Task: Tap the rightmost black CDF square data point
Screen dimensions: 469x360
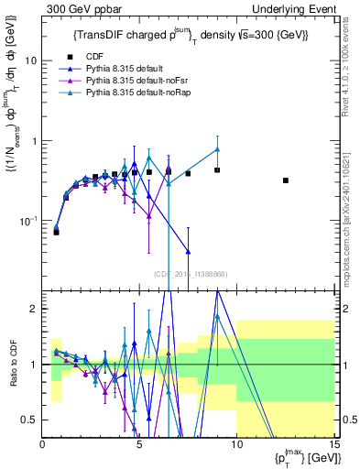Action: coord(286,180)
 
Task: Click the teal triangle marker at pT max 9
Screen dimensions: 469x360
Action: coord(217,149)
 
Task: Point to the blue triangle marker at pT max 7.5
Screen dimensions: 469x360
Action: coord(188,251)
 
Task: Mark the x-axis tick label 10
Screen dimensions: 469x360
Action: coord(236,444)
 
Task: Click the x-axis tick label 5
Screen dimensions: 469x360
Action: coord(139,444)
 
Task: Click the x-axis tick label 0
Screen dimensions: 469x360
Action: coord(43,444)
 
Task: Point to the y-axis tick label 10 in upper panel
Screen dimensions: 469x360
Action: coord(30,60)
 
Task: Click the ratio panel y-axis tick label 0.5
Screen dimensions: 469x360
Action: coord(29,420)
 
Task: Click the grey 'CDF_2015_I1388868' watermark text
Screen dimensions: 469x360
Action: coord(190,274)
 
